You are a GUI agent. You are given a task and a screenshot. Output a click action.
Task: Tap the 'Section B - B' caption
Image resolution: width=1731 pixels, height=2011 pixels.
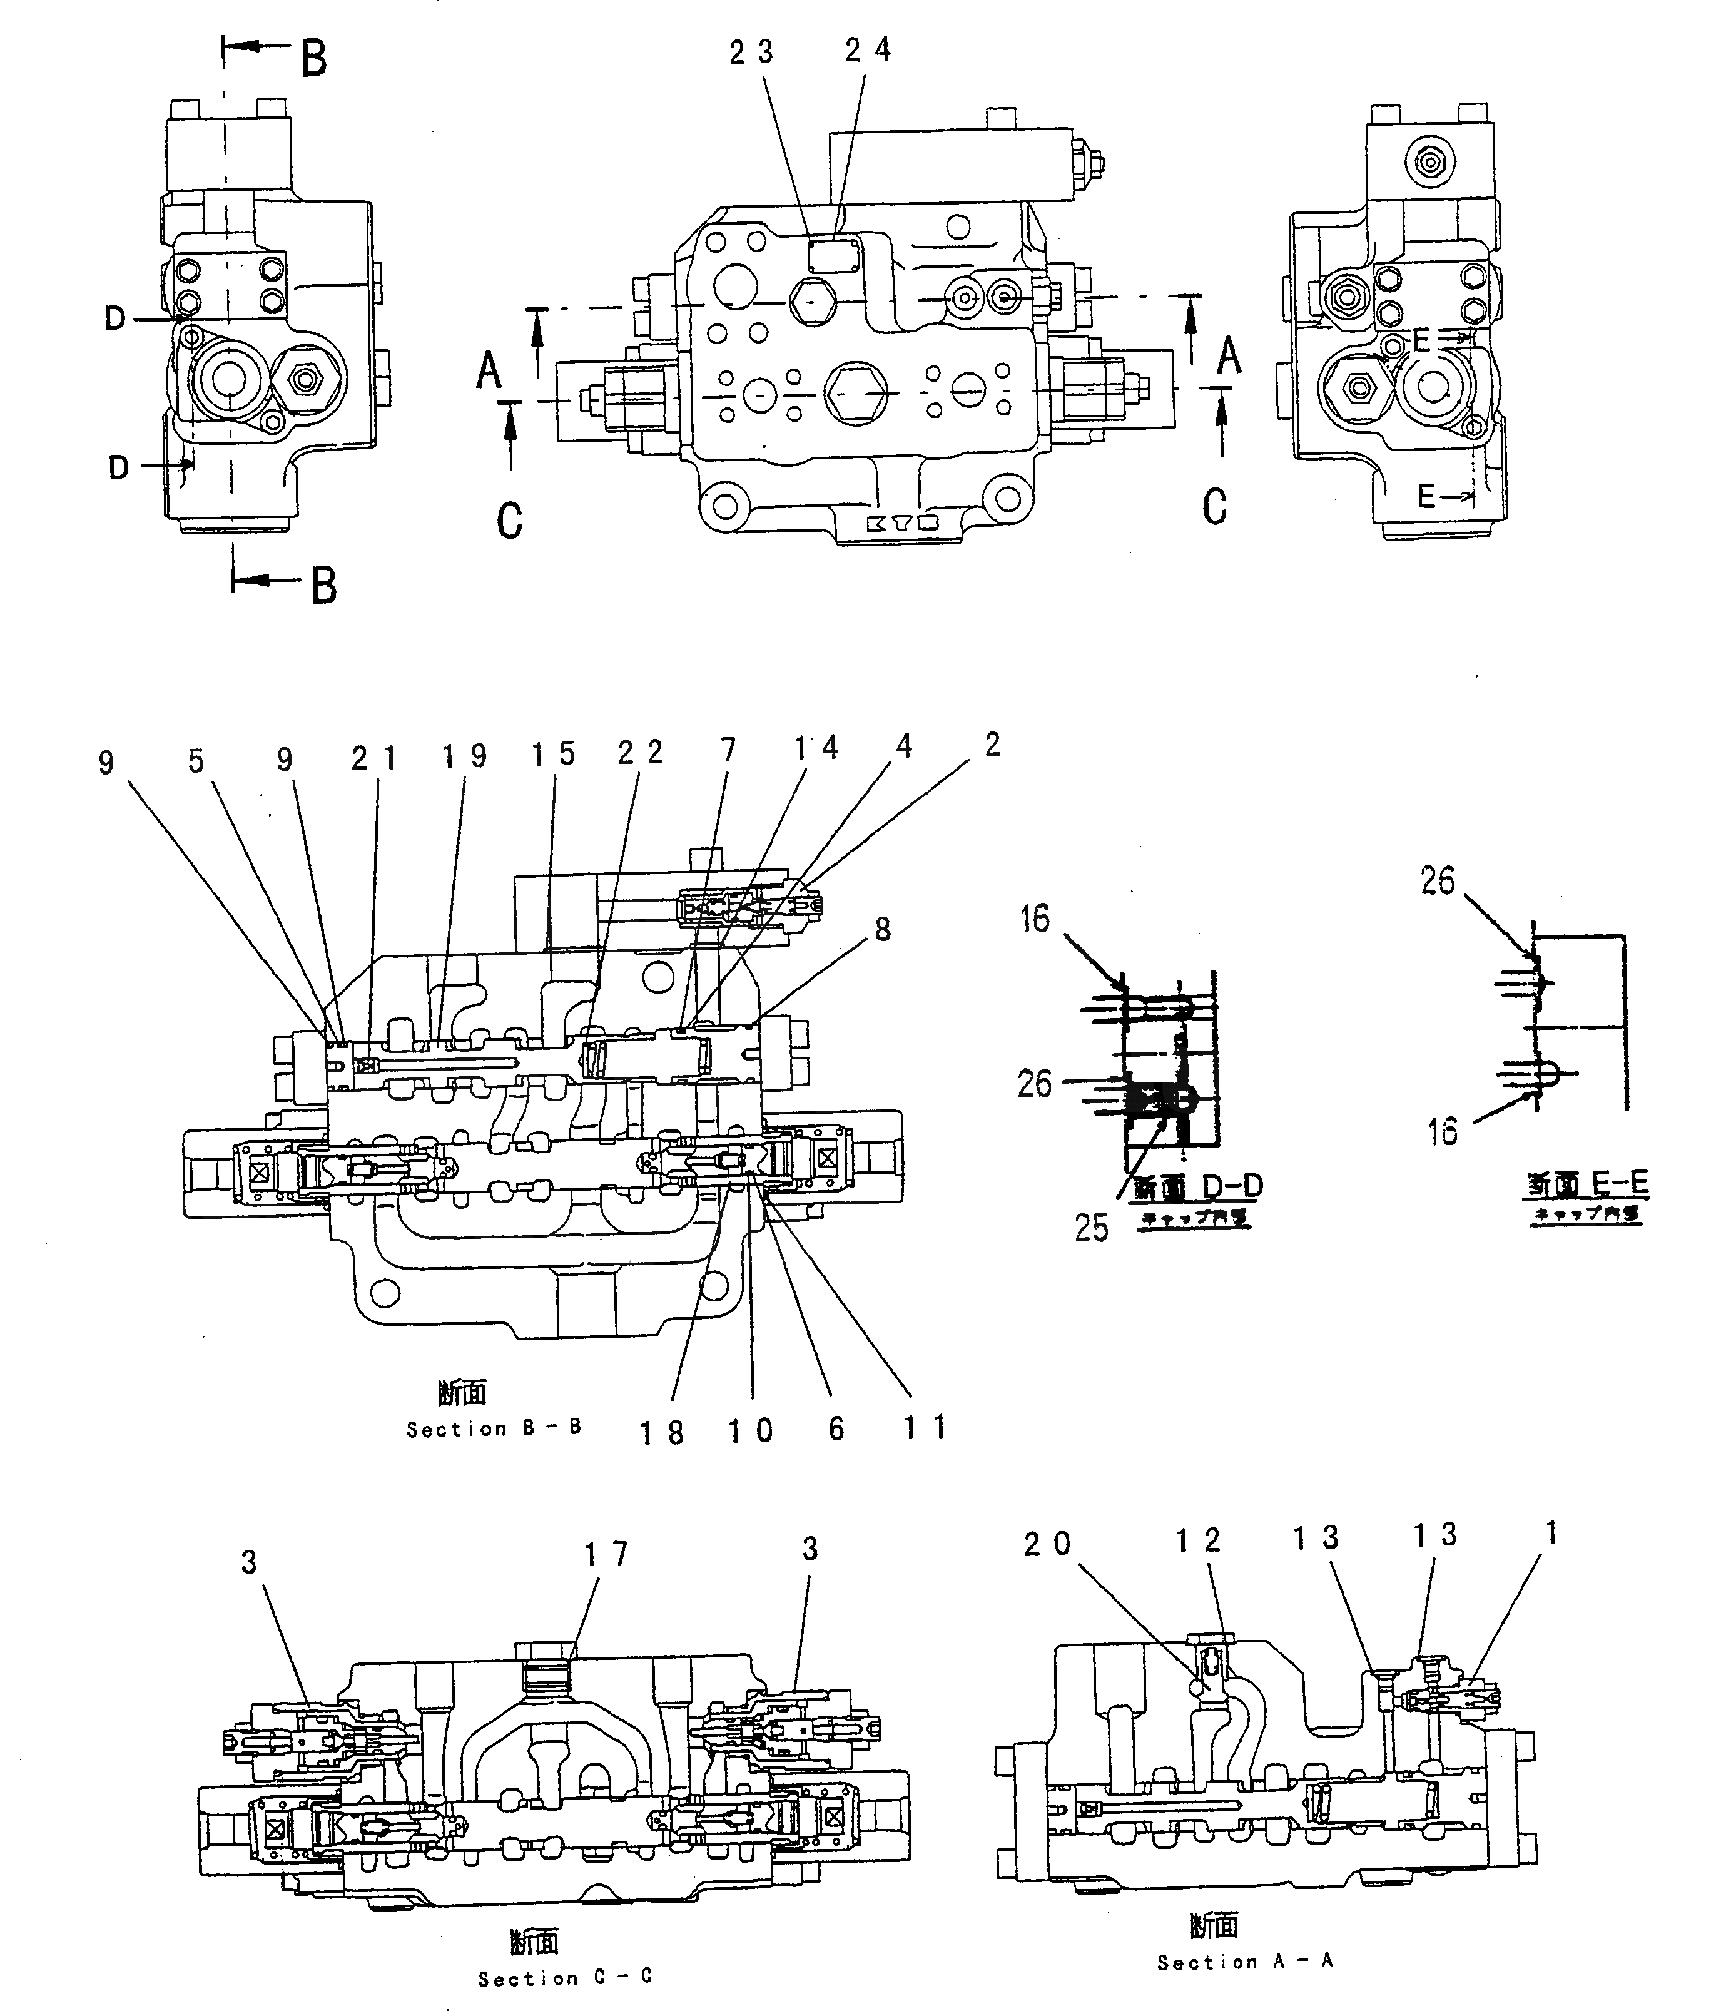(x=494, y=1428)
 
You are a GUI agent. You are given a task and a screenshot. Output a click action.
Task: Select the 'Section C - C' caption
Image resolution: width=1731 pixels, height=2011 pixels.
(x=565, y=1977)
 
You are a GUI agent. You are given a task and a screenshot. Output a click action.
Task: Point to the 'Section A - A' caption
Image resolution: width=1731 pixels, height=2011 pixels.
(x=1245, y=1962)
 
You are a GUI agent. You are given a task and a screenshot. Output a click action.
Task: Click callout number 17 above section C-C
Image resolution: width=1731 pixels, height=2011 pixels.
(x=606, y=1554)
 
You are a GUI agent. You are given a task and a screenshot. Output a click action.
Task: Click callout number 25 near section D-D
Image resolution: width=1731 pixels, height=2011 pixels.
(x=1090, y=1228)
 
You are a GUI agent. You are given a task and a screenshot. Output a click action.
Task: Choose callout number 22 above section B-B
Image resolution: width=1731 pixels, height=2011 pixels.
(x=641, y=753)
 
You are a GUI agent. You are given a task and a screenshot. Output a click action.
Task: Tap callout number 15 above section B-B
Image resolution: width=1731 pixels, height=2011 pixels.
(x=553, y=754)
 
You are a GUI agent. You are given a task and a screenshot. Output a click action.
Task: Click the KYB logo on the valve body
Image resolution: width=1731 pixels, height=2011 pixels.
(x=901, y=524)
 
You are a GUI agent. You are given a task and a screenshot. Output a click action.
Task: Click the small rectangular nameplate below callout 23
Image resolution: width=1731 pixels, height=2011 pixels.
(x=835, y=257)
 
